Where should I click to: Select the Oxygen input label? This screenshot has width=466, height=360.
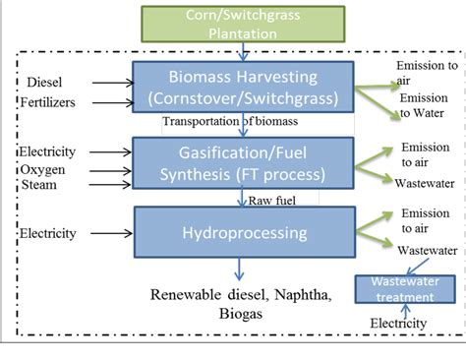point(43,169)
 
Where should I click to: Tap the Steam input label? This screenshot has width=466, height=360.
point(39,186)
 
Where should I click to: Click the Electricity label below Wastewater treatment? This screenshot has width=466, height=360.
point(398,323)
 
